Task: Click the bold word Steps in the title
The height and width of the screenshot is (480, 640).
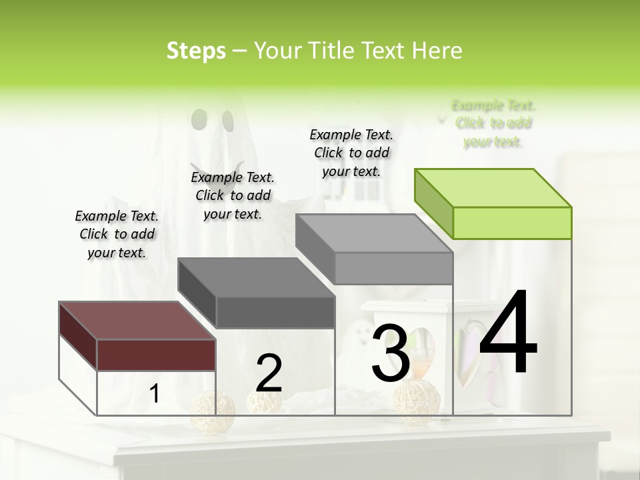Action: (x=196, y=51)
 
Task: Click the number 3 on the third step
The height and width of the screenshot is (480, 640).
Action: (x=390, y=353)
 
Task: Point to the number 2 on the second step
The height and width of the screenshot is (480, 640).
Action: (x=269, y=373)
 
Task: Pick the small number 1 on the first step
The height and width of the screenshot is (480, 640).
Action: (x=154, y=394)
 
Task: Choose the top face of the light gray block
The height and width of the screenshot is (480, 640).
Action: (x=374, y=233)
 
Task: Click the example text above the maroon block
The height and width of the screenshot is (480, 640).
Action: (x=117, y=234)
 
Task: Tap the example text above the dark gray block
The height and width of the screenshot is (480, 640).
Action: (x=233, y=195)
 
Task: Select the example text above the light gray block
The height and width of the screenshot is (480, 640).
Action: (x=351, y=153)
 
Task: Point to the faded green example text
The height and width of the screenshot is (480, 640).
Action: (x=493, y=123)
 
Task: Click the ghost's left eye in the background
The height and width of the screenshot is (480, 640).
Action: (x=198, y=119)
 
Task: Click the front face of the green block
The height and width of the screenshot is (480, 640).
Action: (x=512, y=223)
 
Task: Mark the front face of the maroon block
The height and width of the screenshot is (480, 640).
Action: (x=156, y=355)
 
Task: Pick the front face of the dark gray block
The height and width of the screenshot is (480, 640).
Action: (x=275, y=312)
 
